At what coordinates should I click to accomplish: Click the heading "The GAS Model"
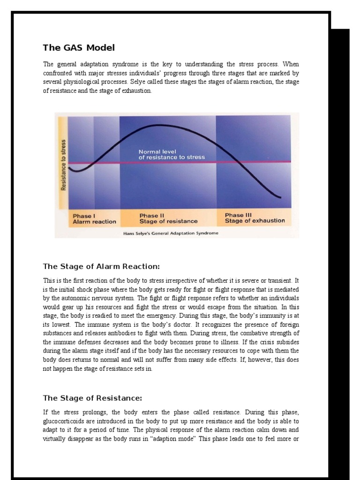[x=78, y=48]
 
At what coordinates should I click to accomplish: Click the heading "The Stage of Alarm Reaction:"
[x=101, y=267]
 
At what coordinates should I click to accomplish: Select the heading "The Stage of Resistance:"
[x=92, y=398]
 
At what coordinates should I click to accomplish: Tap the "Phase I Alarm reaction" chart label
[x=94, y=218]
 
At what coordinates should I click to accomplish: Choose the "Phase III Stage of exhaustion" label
[x=255, y=218]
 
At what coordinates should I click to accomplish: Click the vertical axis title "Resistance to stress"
[x=63, y=165]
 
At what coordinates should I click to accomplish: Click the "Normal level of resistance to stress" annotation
[x=172, y=155]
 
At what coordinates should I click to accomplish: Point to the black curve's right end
[x=280, y=197]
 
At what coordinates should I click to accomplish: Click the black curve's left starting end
[x=69, y=167]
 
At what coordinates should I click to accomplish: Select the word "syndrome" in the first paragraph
[x=127, y=64]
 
